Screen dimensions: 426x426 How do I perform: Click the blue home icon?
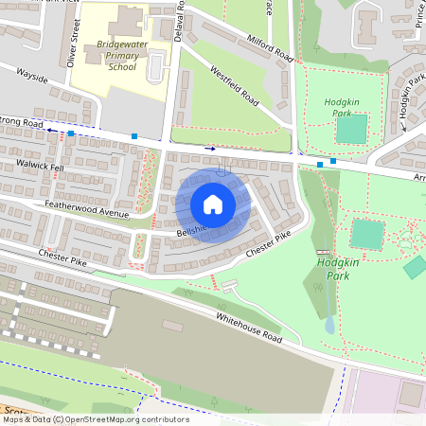pos(213,204)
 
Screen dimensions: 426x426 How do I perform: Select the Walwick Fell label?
pos(40,167)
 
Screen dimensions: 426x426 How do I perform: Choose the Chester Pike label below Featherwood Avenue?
pos(62,255)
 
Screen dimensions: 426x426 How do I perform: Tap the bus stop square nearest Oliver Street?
pos(71,134)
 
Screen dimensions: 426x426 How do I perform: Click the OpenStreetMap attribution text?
pos(95,418)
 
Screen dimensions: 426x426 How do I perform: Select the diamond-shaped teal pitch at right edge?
pos(415,267)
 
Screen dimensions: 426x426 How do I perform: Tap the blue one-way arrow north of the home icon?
pos(209,148)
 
